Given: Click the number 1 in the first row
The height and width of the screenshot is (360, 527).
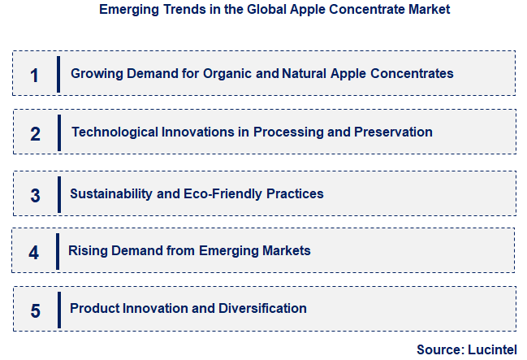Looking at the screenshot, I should (34, 75).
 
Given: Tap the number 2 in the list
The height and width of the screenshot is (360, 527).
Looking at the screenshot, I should (35, 134).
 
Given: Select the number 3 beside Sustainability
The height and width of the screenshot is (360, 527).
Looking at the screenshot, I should (35, 196).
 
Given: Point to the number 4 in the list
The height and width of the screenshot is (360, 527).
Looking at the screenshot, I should (33, 253).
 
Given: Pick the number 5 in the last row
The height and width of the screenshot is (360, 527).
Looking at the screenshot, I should (35, 310).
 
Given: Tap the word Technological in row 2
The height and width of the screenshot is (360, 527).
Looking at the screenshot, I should (113, 132).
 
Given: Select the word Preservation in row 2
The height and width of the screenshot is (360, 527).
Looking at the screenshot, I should (394, 132).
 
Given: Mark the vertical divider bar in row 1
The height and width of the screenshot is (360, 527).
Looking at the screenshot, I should (58, 74).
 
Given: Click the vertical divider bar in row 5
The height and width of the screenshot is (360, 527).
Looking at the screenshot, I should (58, 309).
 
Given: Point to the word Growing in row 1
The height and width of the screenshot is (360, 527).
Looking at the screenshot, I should (97, 73).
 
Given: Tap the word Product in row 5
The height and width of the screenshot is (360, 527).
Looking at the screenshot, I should (94, 308).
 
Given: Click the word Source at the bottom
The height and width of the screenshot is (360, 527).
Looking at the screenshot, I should (439, 349).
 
